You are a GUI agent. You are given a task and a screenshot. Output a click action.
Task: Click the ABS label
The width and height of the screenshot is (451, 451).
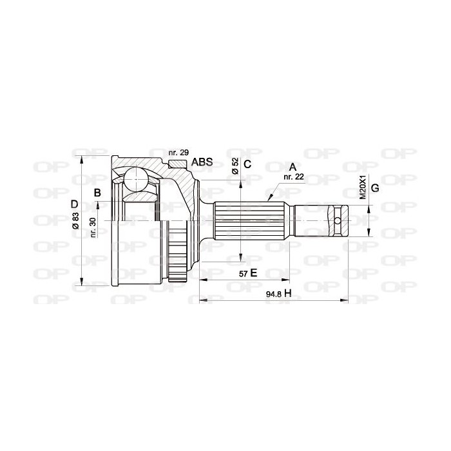(x=202, y=162)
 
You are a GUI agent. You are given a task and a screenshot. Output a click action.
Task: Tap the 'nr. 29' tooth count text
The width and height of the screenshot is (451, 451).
(x=178, y=153)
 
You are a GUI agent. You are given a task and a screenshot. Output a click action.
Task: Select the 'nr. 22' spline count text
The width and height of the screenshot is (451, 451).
(x=294, y=177)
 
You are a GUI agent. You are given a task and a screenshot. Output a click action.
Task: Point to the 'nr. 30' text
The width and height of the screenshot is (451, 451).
(x=93, y=227)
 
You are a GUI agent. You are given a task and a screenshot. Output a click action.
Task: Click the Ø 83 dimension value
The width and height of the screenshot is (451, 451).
(x=75, y=220)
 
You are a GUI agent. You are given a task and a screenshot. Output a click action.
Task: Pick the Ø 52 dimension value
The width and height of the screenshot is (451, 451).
(x=235, y=166)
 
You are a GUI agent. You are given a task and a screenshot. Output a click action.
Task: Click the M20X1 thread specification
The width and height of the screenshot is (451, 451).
(x=362, y=187)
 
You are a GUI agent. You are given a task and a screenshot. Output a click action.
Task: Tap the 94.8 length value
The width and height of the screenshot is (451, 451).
(x=273, y=294)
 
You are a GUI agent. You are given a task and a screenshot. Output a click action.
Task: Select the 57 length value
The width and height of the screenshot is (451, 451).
(x=243, y=274)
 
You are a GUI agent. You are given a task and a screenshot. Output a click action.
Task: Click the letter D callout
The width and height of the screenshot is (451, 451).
(x=75, y=204)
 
